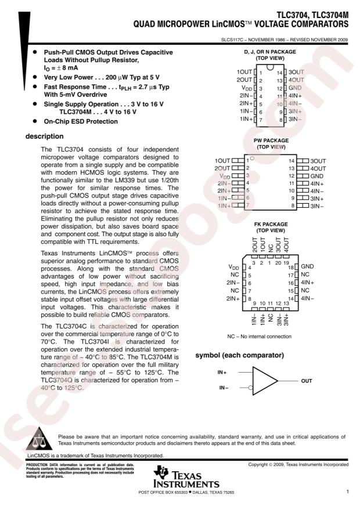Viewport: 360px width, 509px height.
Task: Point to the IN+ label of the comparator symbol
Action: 222,371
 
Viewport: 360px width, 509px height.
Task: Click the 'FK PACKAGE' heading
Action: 271,223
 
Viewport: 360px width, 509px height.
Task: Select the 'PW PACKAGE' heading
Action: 271,141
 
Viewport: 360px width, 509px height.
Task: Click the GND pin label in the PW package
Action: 316,175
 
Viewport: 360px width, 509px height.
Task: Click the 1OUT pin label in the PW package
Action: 222,160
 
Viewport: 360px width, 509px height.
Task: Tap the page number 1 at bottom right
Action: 347,492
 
